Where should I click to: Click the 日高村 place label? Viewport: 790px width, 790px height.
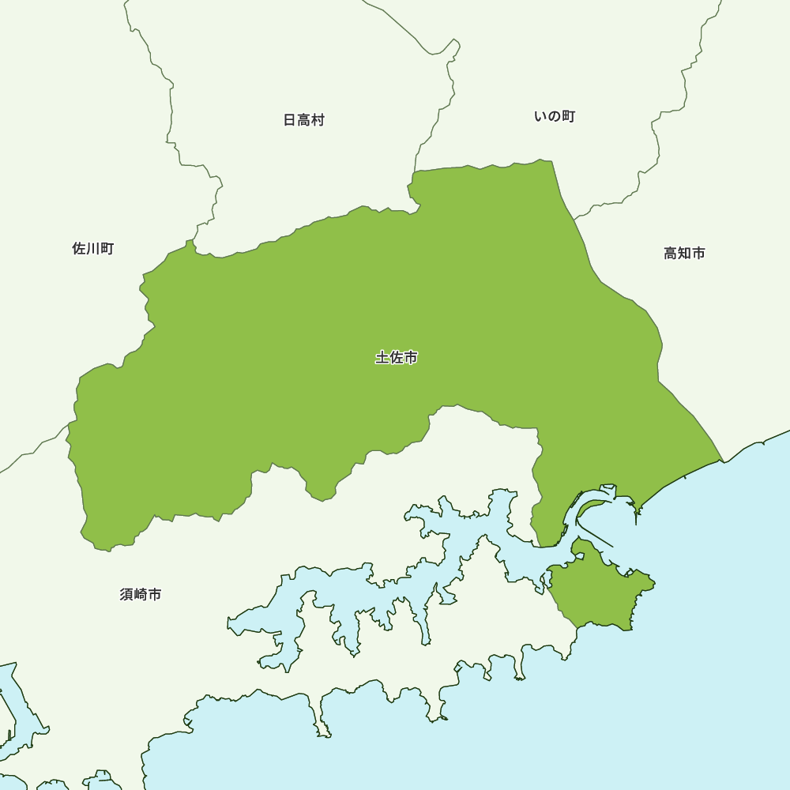point(304,120)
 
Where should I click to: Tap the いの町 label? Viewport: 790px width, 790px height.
point(555,117)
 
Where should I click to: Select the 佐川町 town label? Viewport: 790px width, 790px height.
point(93,249)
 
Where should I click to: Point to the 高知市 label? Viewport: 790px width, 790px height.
point(684,254)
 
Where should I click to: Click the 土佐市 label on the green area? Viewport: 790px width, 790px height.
point(397,358)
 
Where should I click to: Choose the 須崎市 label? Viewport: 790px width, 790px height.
point(141,594)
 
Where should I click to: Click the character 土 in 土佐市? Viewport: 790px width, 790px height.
point(382,358)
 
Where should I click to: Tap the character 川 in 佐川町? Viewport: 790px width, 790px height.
point(93,249)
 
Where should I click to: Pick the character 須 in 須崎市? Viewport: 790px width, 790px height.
point(127,594)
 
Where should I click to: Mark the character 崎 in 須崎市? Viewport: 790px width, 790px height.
point(141,594)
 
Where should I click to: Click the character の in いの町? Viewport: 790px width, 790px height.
point(555,117)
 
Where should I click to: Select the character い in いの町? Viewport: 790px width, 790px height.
point(541,117)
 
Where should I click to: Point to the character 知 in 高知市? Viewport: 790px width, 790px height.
point(684,254)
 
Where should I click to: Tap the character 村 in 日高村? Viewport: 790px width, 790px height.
point(318,120)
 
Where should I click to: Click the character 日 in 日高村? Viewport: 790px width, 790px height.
point(290,120)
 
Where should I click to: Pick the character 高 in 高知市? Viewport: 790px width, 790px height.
point(671,254)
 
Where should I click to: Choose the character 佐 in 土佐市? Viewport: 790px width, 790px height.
point(397,358)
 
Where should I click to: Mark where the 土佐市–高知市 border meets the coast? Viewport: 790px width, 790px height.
point(722,461)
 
